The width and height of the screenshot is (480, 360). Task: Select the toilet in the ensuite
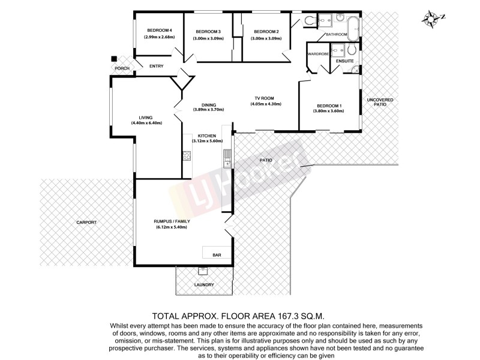pyautogui.click(x=352, y=50)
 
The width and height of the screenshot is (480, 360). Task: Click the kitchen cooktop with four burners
pyautogui.click(x=187, y=157)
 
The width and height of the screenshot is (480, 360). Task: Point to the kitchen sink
pyautogui.click(x=227, y=157)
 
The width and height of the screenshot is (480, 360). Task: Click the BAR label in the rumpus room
pyautogui.click(x=217, y=255)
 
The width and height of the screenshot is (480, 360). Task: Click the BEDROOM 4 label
pyautogui.click(x=159, y=31)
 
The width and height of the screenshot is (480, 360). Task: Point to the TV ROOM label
pyautogui.click(x=265, y=98)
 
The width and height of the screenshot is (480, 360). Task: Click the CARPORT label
pyautogui.click(x=86, y=222)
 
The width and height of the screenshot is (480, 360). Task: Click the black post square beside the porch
pyautogui.click(x=113, y=59)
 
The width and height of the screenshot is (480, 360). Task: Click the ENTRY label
pyautogui.click(x=157, y=67)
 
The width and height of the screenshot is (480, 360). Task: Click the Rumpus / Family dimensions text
pyautogui.click(x=172, y=227)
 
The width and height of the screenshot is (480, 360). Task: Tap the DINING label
pyautogui.click(x=208, y=104)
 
